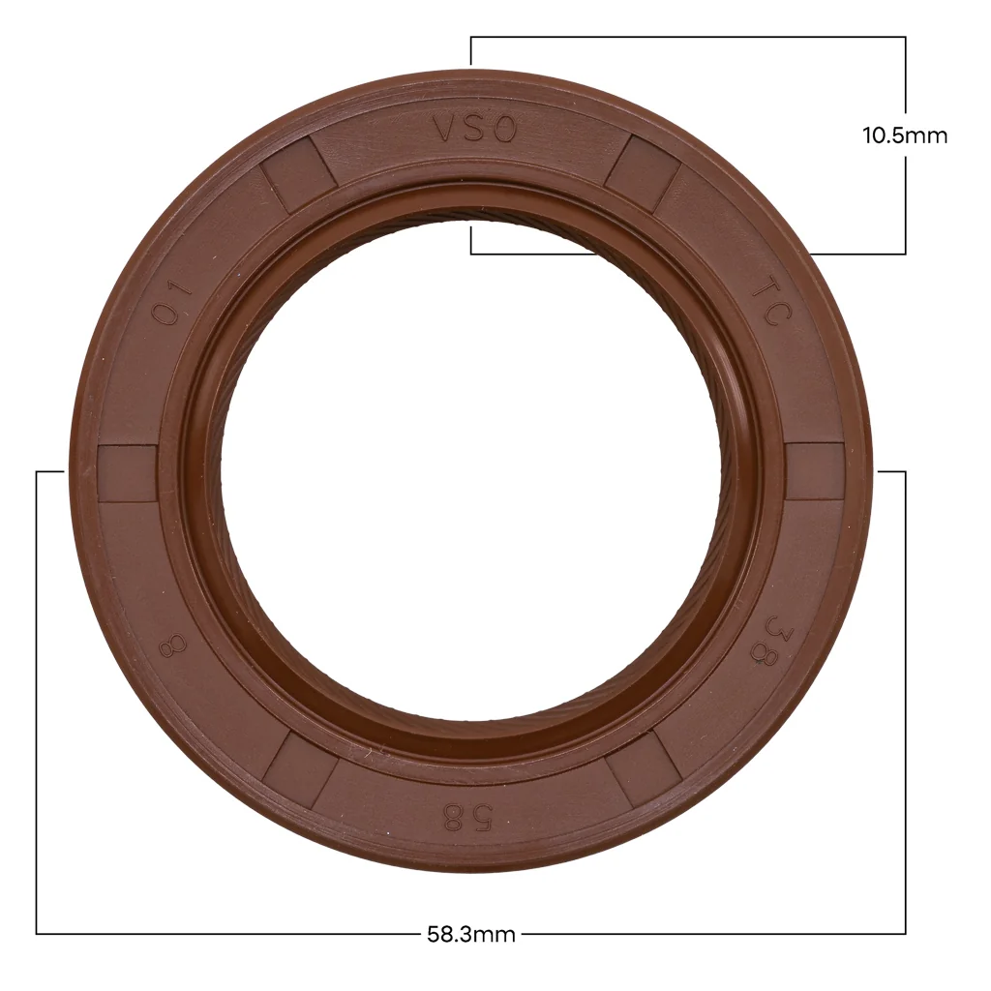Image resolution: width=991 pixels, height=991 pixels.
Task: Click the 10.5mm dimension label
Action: click(x=905, y=135)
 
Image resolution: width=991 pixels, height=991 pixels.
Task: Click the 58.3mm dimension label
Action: click(x=471, y=934)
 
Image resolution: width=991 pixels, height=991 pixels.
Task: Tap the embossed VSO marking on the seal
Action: click(x=474, y=131)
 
